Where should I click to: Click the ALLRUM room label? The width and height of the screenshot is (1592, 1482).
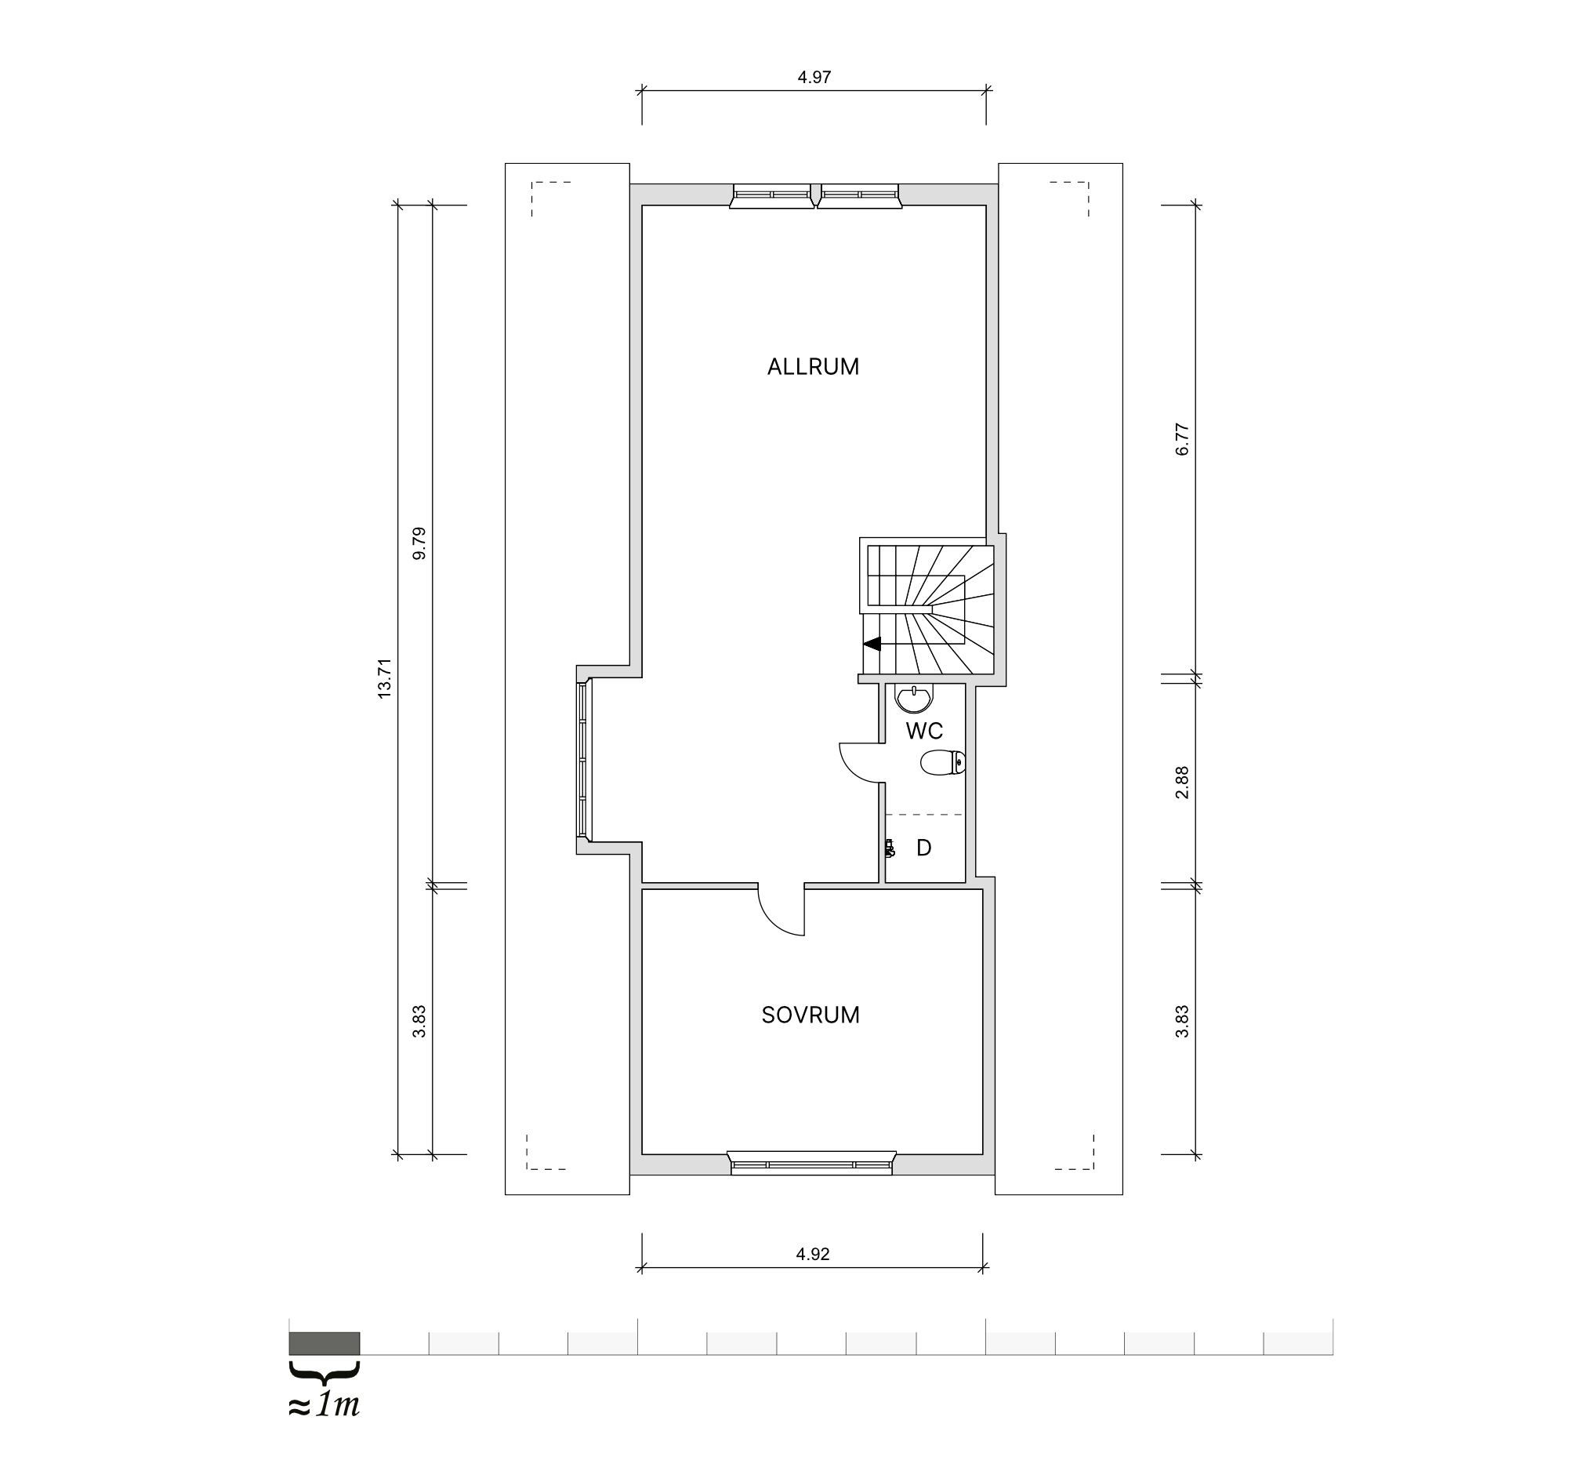coord(813,367)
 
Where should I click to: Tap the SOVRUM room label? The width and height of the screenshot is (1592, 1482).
coord(811,1015)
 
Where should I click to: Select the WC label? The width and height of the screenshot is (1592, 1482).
coord(924,731)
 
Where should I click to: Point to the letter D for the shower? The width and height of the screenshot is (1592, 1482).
coord(923,848)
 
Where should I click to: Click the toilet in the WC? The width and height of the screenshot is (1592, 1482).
coord(943,763)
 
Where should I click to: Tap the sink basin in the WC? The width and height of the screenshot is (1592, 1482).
coord(914,699)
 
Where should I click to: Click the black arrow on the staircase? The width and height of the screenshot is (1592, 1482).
coord(872,643)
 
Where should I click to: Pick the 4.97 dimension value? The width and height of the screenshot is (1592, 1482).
coord(814,77)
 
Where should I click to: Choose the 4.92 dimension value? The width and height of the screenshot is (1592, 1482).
coord(813,1254)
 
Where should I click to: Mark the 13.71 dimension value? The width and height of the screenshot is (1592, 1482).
coord(384,678)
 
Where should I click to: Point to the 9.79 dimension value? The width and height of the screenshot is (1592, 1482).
coord(419,543)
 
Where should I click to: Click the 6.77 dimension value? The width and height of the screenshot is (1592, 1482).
coord(1182,439)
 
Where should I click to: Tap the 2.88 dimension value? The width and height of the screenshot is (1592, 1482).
coord(1182,783)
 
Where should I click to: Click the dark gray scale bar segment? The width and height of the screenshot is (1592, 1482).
coord(325,1343)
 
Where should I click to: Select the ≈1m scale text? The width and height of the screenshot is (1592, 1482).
coord(324,1406)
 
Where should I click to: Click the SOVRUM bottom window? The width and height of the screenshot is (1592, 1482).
coord(811,1163)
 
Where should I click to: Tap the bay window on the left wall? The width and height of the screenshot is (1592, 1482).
coord(584,759)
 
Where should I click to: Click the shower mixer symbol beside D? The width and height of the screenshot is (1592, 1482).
coord(889,848)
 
